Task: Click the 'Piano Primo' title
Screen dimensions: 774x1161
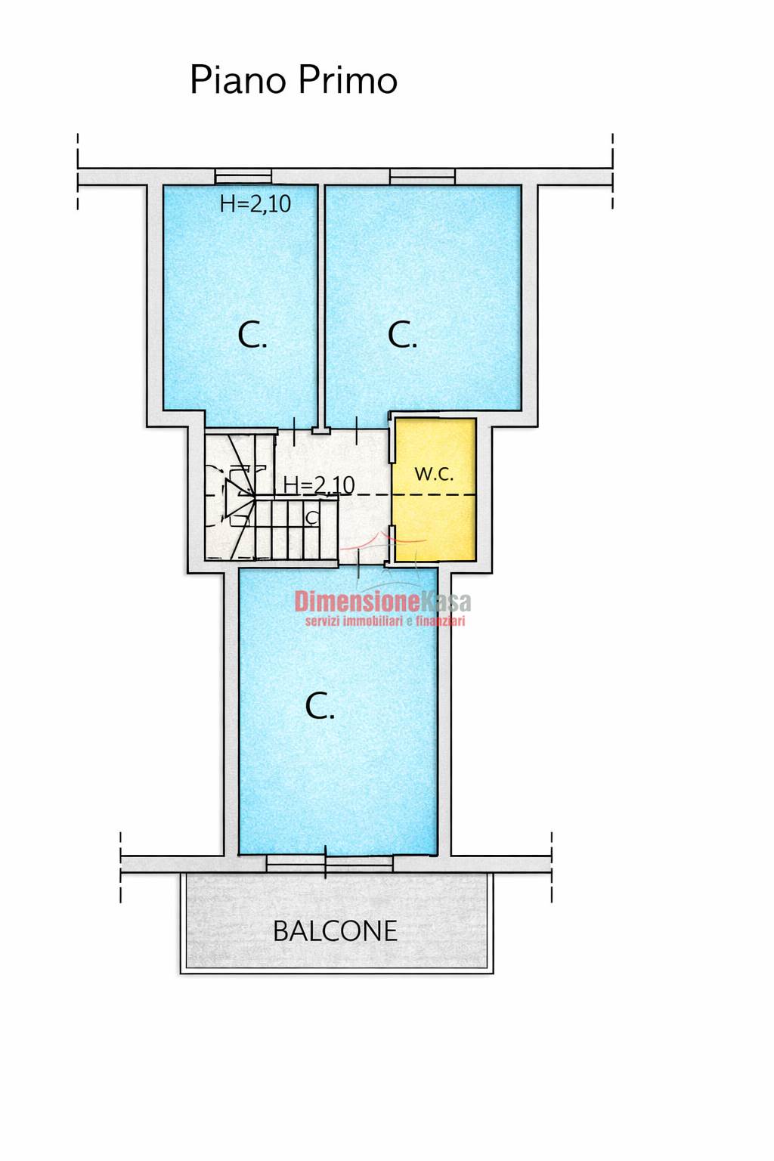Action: pos(294,80)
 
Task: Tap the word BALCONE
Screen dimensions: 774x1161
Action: pos(335,931)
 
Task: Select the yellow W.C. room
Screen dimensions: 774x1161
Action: pos(435,490)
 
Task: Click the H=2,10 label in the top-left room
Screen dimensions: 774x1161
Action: pos(255,203)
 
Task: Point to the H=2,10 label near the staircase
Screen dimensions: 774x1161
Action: pos(319,485)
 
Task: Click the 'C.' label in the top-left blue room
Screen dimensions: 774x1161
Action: pos(252,335)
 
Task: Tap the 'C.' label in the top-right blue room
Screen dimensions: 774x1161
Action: pos(402,335)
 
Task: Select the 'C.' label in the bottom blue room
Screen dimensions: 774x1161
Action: pos(320,706)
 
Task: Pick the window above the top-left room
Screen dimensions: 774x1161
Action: pos(243,176)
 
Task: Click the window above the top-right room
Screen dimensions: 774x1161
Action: pos(423,176)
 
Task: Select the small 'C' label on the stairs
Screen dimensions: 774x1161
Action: pos(312,517)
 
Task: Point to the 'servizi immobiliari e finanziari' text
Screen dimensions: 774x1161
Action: pos(385,621)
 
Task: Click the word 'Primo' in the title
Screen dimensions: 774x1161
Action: pos(348,80)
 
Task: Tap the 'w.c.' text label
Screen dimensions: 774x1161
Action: pos(435,473)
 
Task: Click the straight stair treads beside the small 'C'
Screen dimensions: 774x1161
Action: pos(296,528)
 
